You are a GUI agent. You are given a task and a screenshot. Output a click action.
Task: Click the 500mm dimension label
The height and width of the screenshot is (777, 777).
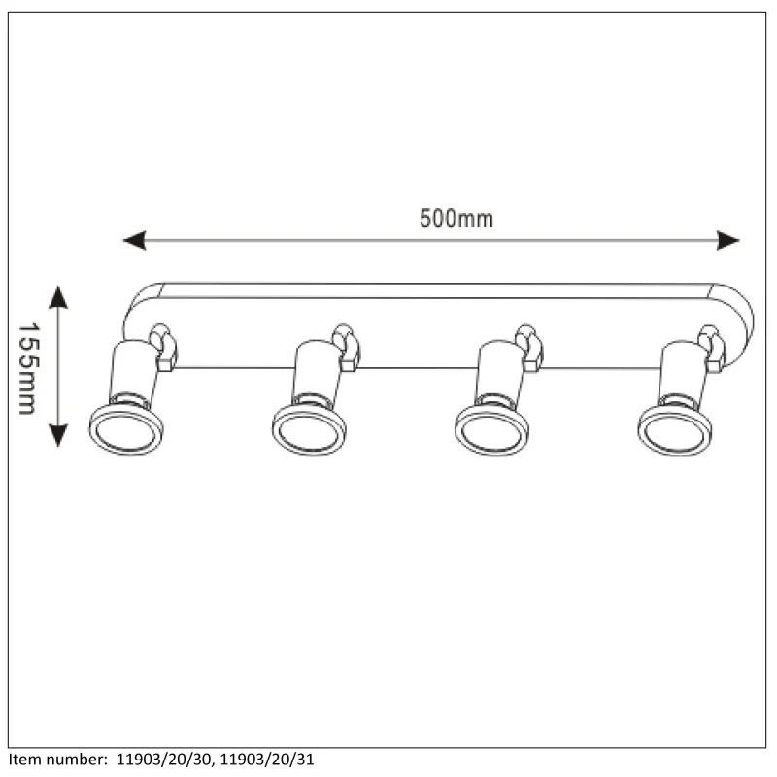pyautogui.click(x=456, y=219)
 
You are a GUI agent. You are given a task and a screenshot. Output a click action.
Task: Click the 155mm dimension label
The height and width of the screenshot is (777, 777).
pyautogui.click(x=28, y=369)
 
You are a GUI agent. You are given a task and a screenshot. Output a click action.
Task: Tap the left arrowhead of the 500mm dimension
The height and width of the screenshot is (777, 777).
pyautogui.click(x=134, y=240)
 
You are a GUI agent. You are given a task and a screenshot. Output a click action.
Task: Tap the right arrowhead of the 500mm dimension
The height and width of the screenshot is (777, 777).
pyautogui.click(x=727, y=240)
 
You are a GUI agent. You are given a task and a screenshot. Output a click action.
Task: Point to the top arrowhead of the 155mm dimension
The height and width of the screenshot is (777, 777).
pyautogui.click(x=58, y=297)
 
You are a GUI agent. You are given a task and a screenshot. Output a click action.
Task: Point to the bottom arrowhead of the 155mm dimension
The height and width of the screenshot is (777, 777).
pyautogui.click(x=58, y=436)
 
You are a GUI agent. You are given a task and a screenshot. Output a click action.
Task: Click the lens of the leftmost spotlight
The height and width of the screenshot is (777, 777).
pyautogui.click(x=126, y=430)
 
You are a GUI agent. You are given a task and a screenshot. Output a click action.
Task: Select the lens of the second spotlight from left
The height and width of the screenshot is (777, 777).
pyautogui.click(x=309, y=430)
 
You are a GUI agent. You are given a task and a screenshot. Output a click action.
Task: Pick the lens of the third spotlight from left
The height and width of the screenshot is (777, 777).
pyautogui.click(x=492, y=430)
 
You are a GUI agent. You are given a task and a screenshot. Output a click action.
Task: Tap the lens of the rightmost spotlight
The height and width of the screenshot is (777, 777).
pyautogui.click(x=675, y=430)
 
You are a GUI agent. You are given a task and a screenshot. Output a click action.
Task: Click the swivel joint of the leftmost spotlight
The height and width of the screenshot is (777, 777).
pyautogui.click(x=163, y=348)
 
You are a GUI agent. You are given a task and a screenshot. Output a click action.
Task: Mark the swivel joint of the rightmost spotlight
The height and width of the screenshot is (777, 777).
pyautogui.click(x=712, y=349)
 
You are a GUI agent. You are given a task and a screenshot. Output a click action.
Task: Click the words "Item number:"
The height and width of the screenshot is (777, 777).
pyautogui.click(x=57, y=760)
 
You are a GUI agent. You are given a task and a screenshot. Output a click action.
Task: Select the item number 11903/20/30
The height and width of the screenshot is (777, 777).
pyautogui.click(x=163, y=760)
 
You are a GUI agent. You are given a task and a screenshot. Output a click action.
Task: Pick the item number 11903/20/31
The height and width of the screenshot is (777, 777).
pyautogui.click(x=267, y=760)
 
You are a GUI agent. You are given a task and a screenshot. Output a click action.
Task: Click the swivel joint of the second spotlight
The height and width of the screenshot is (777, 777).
pyautogui.click(x=346, y=348)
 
